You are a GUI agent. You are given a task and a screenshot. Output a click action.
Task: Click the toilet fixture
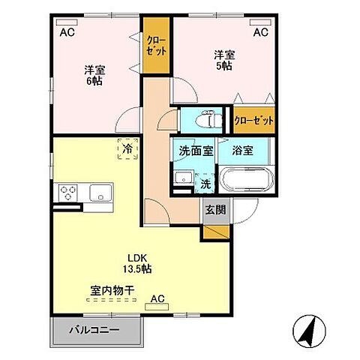204,120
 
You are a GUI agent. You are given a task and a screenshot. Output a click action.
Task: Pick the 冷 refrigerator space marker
127,149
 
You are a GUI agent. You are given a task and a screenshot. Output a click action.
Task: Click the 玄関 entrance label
213,211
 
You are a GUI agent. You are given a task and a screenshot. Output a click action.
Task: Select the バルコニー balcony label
94,329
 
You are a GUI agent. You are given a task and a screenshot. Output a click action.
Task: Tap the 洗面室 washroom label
195,150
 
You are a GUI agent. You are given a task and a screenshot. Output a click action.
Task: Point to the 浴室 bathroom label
241,150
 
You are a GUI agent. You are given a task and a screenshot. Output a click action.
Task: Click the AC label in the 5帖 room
259,32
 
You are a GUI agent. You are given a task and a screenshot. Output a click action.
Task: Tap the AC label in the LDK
157,300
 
